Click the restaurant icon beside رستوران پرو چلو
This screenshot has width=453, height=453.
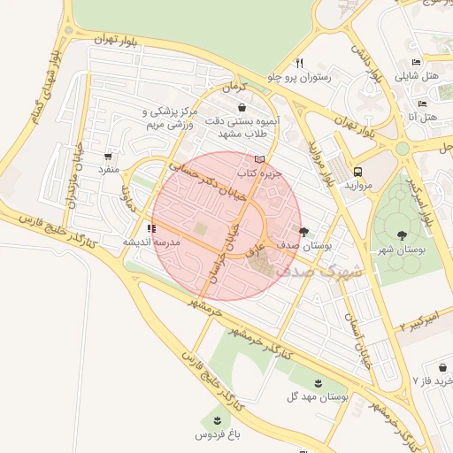pos(299,63)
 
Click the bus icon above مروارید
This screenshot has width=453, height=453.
pos(357,172)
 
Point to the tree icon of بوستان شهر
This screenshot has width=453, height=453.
pos(403,235)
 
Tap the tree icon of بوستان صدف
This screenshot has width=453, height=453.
pos(304,232)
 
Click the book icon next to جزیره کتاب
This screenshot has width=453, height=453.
pos(259,159)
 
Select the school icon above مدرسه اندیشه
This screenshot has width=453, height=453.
pos(150,227)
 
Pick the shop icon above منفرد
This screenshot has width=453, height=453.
pos(108,156)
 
